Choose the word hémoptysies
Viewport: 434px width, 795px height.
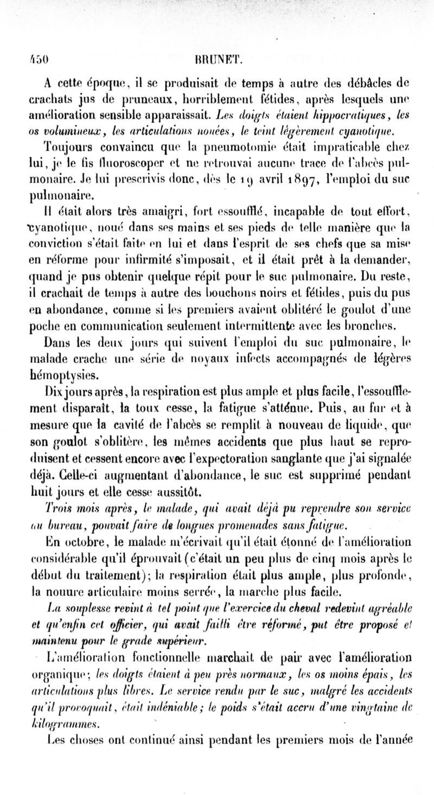71,373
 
